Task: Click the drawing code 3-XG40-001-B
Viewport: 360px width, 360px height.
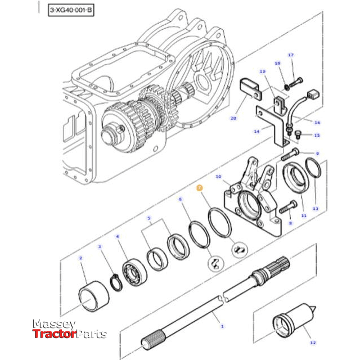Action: coord(70,10)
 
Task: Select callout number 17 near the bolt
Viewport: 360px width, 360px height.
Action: coord(291,55)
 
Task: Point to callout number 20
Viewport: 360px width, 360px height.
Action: coord(233,118)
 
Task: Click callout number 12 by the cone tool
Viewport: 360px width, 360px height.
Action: coord(313,342)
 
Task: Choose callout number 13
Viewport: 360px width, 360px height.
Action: coord(315,208)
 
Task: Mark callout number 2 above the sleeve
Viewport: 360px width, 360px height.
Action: coord(81,258)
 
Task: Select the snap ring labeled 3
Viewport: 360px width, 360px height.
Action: coord(115,282)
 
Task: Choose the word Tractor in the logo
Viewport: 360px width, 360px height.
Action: coord(53,334)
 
